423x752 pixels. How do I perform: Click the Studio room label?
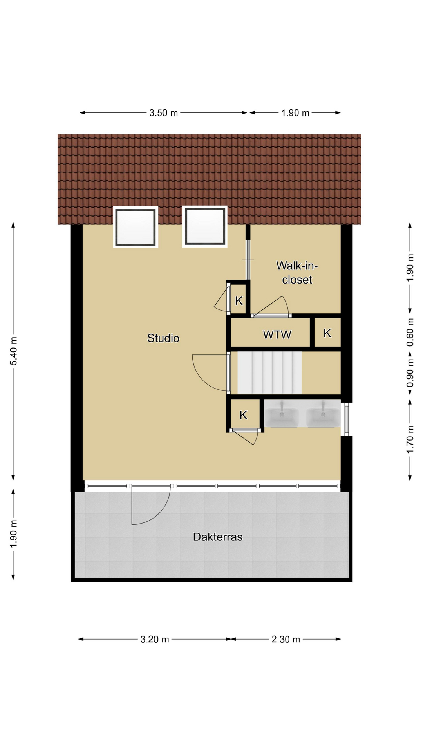[163, 338]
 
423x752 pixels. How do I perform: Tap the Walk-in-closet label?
[297, 273]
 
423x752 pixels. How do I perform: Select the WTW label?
[277, 334]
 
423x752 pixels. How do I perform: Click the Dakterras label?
[218, 537]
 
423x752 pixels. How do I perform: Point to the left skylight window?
[136, 227]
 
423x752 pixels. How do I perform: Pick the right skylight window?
[204, 227]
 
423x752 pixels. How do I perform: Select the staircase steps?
[269, 372]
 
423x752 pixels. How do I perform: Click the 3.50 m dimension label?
[164, 113]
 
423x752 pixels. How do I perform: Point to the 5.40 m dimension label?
[14, 351]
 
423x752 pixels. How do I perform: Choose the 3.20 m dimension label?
[155, 639]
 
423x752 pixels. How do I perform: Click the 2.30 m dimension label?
[286, 639]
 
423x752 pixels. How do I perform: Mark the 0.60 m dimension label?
[410, 332]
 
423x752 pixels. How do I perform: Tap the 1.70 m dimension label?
[410, 439]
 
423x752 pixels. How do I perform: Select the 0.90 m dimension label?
[410, 373]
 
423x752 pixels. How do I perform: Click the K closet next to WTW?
[327, 333]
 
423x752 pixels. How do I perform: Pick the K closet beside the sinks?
[243, 415]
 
